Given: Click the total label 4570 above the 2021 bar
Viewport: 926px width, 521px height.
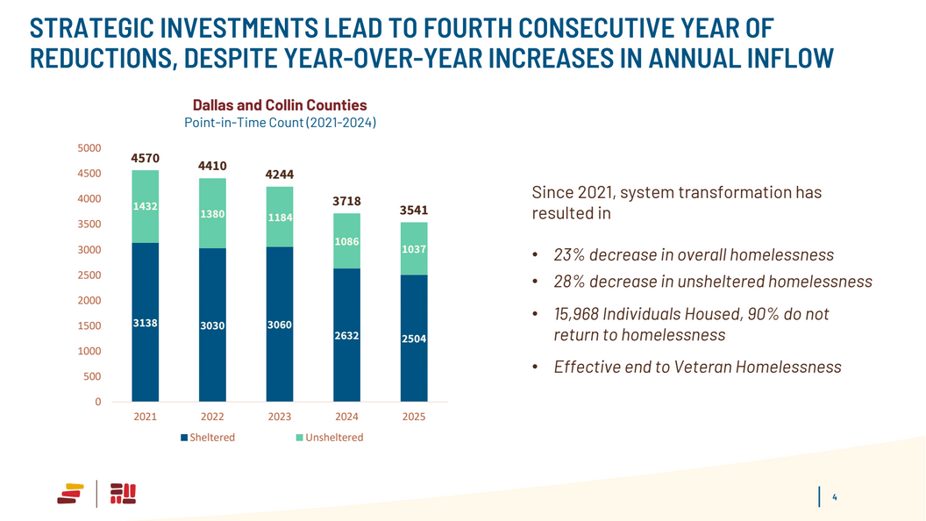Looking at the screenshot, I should [x=145, y=159].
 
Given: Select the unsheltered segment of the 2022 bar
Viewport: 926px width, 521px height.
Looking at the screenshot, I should [x=212, y=213].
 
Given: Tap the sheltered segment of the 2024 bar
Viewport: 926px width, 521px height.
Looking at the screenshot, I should [x=347, y=334].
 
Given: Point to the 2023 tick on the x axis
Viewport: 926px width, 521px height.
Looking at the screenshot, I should [x=280, y=418].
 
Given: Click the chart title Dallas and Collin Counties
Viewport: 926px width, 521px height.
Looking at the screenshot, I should [x=280, y=105].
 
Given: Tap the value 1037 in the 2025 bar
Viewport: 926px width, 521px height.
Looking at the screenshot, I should [x=414, y=249].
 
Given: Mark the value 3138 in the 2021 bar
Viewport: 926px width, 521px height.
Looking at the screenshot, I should [x=145, y=323].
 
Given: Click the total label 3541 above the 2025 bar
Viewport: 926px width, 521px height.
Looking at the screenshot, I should [x=414, y=211].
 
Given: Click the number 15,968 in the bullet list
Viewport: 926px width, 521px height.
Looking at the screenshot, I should [x=575, y=314].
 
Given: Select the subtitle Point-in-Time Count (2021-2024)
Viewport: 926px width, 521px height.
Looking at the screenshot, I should [x=280, y=124].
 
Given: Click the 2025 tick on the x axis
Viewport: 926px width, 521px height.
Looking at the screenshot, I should [x=414, y=418].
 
